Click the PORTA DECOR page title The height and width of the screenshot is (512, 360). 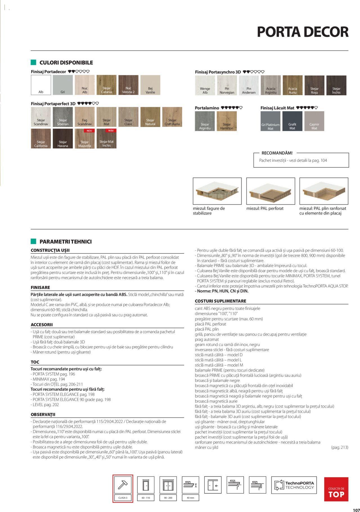(x=303, y=32)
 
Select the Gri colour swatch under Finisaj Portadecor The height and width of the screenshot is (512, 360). (x=63, y=85)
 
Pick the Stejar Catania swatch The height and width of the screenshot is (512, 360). (x=106, y=85)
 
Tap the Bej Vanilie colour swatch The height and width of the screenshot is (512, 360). (x=150, y=85)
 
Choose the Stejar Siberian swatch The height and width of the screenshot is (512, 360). (x=63, y=117)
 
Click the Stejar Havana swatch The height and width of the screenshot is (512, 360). (x=63, y=139)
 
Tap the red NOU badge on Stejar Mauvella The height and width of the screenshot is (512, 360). (x=89, y=131)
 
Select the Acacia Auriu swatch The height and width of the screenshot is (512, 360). (x=292, y=85)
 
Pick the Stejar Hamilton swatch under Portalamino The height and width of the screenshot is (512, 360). (x=227, y=121)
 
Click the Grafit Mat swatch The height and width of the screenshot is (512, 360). (x=292, y=121)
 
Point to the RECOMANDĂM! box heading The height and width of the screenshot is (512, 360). (x=277, y=153)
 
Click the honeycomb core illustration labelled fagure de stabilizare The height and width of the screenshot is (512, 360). (x=217, y=191)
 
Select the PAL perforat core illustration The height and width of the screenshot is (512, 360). (x=271, y=191)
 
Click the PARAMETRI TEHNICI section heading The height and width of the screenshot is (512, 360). (x=66, y=242)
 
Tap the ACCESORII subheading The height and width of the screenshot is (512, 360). (x=42, y=325)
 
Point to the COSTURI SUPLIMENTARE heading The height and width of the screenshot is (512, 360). (x=220, y=301)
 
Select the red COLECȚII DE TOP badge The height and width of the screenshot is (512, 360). (x=336, y=489)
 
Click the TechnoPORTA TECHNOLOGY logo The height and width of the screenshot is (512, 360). (x=294, y=485)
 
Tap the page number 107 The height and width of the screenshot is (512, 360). (x=356, y=508)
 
